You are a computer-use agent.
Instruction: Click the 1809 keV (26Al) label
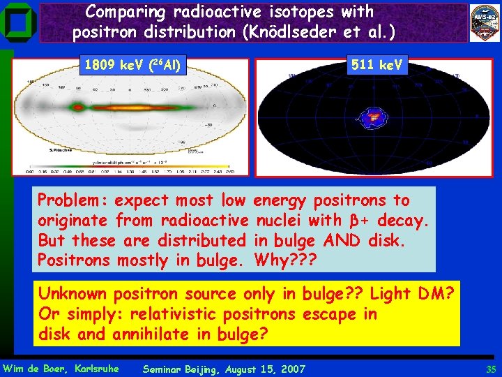[x=132, y=66]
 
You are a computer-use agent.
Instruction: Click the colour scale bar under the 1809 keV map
[x=129, y=170]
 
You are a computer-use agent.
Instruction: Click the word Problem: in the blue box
[x=73, y=200]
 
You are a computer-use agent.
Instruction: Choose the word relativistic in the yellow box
[x=188, y=313]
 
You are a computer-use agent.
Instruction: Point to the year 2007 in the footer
[x=292, y=369]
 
